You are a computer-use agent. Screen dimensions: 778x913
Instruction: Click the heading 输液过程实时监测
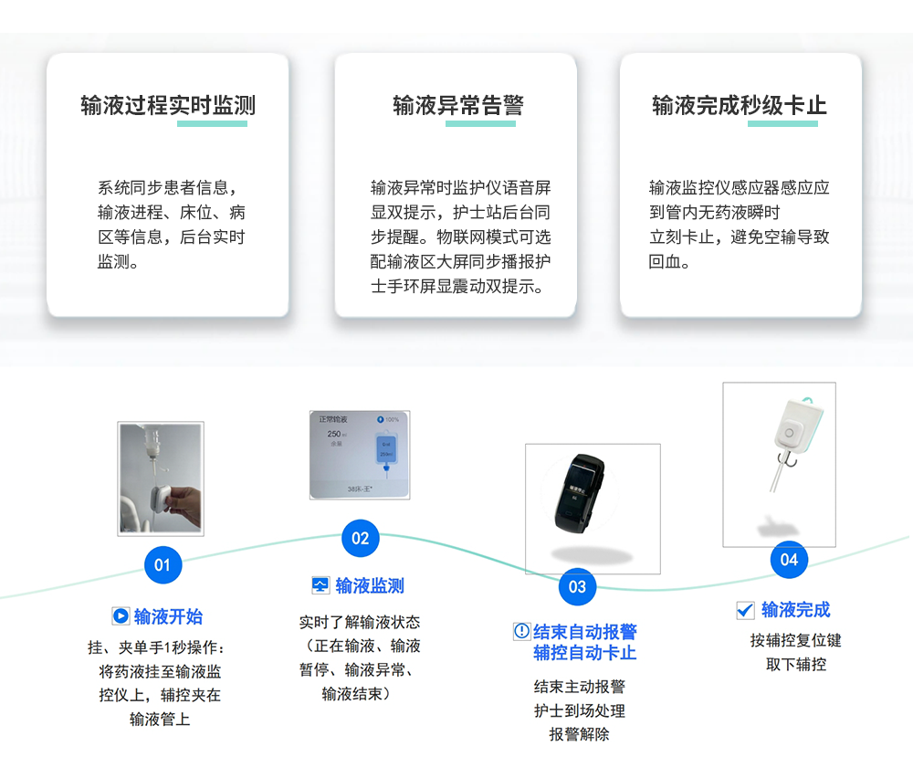(x=168, y=106)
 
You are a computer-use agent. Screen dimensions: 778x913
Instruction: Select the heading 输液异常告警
(x=458, y=106)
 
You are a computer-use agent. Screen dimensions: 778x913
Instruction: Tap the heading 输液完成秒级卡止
(x=740, y=106)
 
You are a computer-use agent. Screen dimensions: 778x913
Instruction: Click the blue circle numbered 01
(x=163, y=564)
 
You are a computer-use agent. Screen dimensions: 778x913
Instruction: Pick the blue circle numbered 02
(x=361, y=538)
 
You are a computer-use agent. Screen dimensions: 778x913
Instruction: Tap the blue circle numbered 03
(x=577, y=586)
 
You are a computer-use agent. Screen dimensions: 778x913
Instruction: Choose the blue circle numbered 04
(x=789, y=559)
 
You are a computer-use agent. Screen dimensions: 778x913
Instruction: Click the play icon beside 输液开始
(x=121, y=616)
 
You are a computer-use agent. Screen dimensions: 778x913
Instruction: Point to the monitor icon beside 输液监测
(x=320, y=585)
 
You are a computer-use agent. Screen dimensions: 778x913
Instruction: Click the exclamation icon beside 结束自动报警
(x=521, y=631)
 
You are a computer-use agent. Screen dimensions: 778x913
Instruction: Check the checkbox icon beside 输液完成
(x=745, y=610)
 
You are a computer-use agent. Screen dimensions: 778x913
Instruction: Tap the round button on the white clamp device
(x=788, y=433)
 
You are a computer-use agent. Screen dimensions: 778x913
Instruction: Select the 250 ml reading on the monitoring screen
(x=333, y=435)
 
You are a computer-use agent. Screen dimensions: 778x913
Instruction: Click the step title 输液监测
(x=370, y=586)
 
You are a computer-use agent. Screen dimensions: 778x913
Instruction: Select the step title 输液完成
(x=796, y=610)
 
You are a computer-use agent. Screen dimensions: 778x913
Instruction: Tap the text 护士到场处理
(x=580, y=710)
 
